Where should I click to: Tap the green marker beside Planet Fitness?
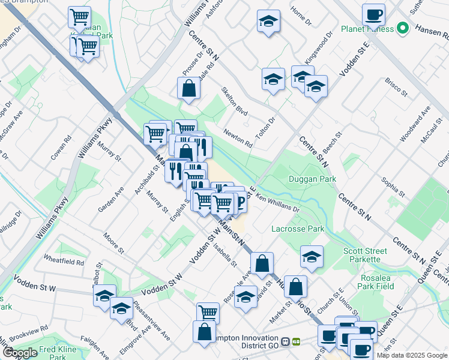403,28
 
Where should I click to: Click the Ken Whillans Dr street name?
277,203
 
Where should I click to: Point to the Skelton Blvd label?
234,103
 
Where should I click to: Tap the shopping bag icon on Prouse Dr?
188,88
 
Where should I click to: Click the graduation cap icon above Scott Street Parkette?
312,256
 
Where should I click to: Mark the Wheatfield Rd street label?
64,262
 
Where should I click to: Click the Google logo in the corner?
20,353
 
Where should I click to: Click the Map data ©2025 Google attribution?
412,355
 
